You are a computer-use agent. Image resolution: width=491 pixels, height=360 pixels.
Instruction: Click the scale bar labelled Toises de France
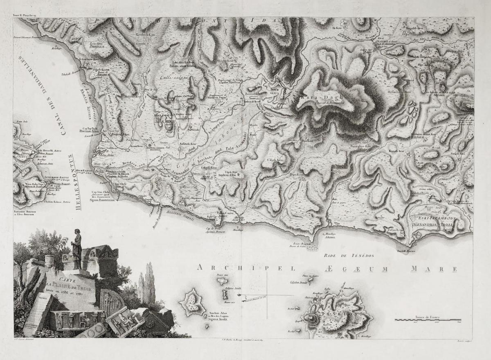[x=428, y=319]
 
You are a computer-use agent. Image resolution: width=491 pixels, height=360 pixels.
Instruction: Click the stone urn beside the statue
[x=50, y=260]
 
